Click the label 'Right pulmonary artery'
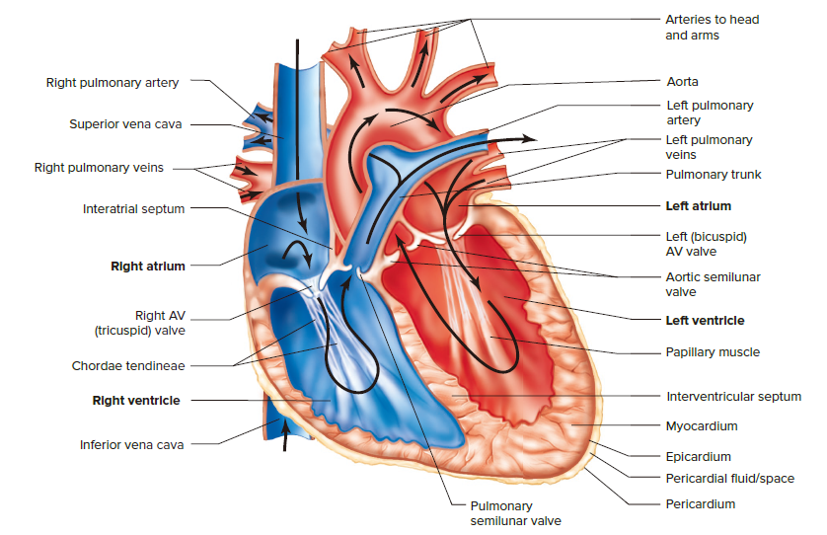pos(113,82)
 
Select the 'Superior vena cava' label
pos(124,124)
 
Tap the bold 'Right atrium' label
pos(148,266)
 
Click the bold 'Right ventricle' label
pos(136,401)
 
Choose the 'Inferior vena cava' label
pos(131,444)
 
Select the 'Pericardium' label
pos(701,503)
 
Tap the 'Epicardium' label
pos(699,456)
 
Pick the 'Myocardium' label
pos(702,426)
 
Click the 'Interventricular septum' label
pos(733,397)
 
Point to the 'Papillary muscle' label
pos(713,351)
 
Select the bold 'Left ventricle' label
pos(705,321)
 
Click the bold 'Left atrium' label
pos(699,206)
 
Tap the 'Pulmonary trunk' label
pos(714,175)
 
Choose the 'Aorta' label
pos(682,82)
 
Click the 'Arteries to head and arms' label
pos(712,28)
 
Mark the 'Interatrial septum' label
pos(133,208)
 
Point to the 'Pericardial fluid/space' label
pos(729,479)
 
